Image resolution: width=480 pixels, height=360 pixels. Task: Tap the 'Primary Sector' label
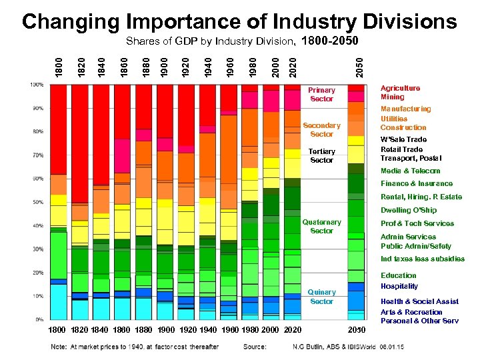pos(321,94)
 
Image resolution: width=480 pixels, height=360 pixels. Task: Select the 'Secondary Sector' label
pos(321,129)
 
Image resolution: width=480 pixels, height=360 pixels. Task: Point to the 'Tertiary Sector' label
pos(321,155)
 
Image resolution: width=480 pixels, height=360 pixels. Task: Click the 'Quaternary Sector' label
pos(321,226)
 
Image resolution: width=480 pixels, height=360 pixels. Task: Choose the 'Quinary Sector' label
pos(321,297)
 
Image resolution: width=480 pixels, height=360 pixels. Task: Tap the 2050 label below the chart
pos(357,329)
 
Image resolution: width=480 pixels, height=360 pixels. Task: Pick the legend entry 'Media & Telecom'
pos(410,171)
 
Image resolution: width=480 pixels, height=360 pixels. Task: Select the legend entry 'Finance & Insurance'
pos(416,183)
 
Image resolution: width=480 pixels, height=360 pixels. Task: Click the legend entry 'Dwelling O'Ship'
pos(409,210)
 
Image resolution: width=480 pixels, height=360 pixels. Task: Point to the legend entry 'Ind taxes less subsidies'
pos(422,259)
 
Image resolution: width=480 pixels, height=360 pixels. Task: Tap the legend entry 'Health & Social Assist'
pos(419,301)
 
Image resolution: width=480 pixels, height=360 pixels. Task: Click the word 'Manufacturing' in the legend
pos(405,109)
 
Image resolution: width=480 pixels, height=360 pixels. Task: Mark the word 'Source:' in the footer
pos(255,346)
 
